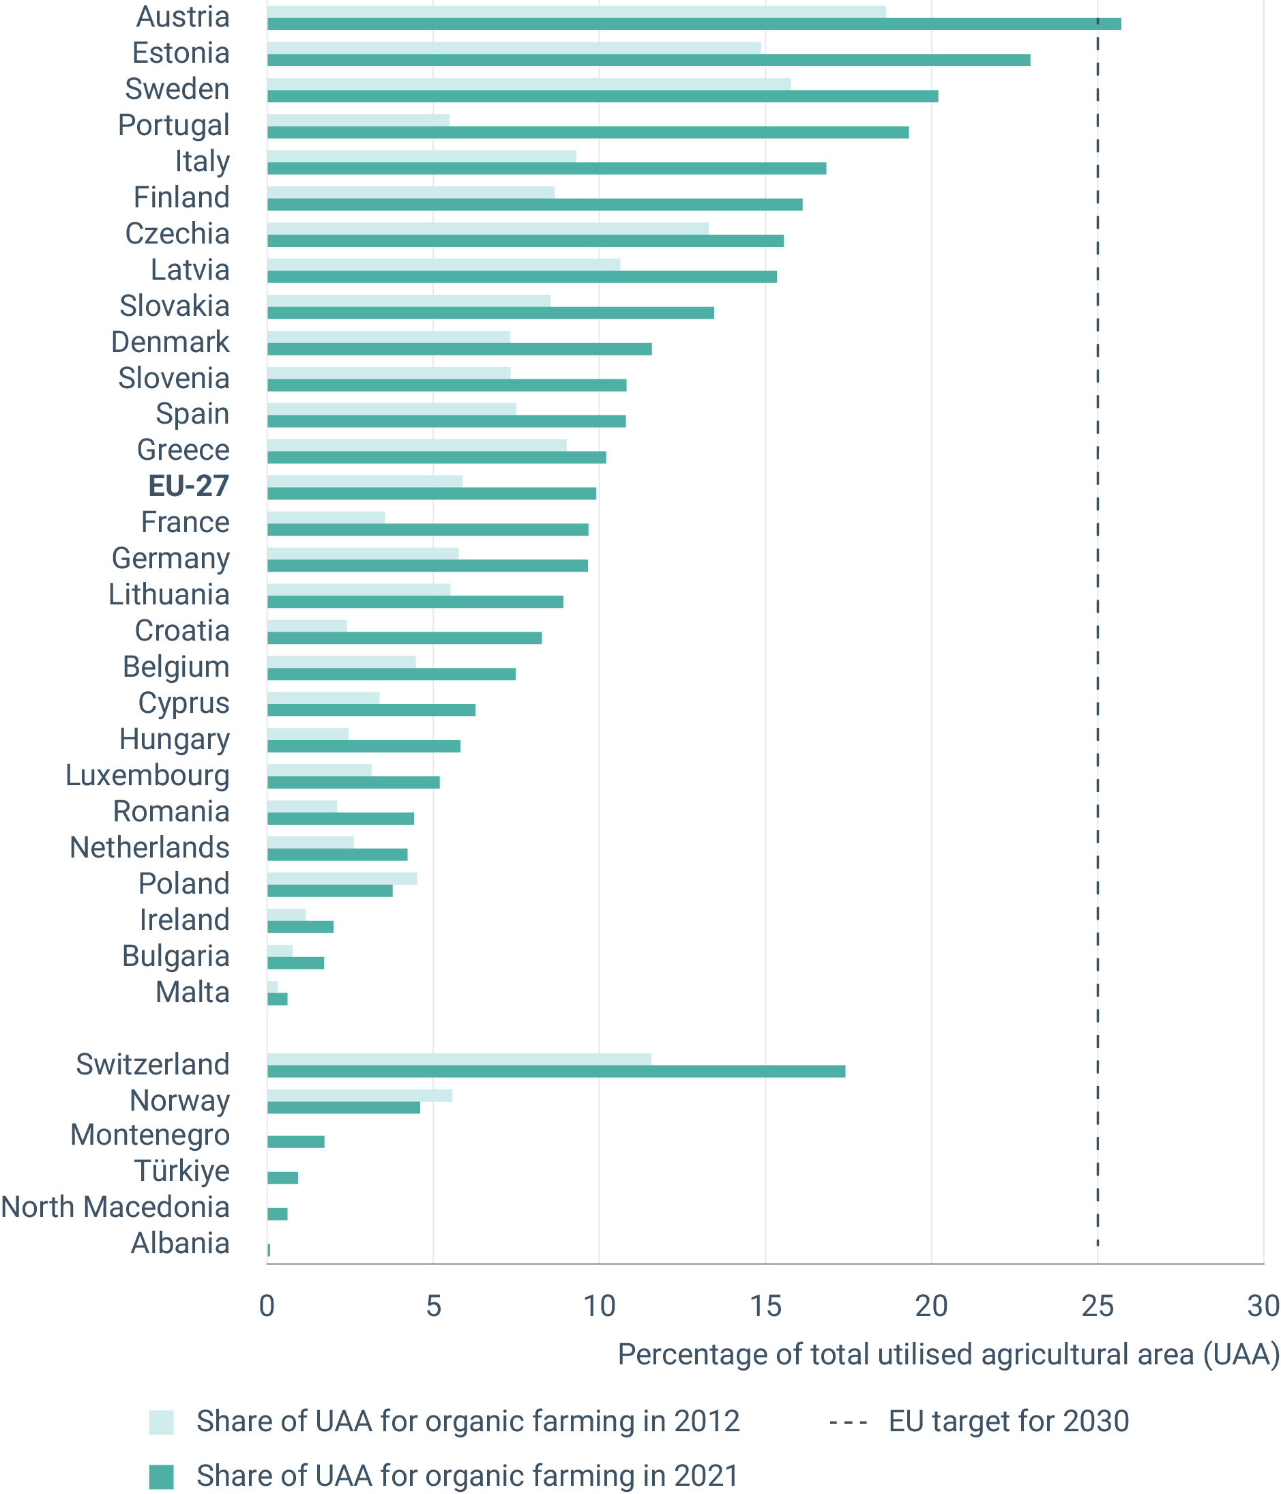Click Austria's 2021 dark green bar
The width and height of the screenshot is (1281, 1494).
pyautogui.click(x=694, y=24)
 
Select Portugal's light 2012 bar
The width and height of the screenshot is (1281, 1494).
pyautogui.click(x=358, y=119)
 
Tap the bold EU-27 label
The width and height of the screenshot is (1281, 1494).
pyautogui.click(x=189, y=486)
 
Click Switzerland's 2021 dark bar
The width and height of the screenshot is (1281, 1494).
pyautogui.click(x=556, y=1072)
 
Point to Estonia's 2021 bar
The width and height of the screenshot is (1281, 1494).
pyautogui.click(x=648, y=60)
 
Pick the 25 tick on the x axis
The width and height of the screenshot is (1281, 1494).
pyautogui.click(x=1098, y=1306)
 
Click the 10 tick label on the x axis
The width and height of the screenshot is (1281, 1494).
pyautogui.click(x=599, y=1306)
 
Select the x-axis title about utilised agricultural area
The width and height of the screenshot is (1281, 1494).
pyautogui.click(x=948, y=1354)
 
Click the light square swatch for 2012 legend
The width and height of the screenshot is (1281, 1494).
pyautogui.click(x=162, y=1422)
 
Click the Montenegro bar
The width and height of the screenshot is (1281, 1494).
pyautogui.click(x=295, y=1141)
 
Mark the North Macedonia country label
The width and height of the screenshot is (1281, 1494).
pyautogui.click(x=115, y=1207)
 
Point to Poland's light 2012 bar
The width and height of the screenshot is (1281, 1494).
pyautogui.click(x=342, y=878)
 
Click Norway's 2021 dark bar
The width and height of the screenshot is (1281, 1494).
pyautogui.click(x=343, y=1107)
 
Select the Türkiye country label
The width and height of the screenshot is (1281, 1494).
pyautogui.click(x=182, y=1171)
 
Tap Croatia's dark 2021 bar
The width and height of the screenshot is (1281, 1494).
pyautogui.click(x=404, y=638)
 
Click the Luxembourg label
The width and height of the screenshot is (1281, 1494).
pyautogui.click(x=148, y=775)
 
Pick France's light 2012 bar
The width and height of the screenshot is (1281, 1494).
pyautogui.click(x=326, y=517)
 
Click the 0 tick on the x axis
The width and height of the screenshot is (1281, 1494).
pyautogui.click(x=267, y=1306)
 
